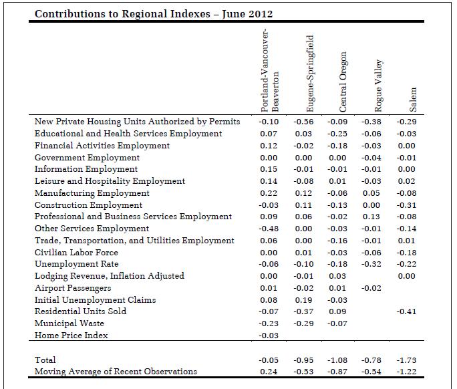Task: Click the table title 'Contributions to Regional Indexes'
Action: tap(122, 14)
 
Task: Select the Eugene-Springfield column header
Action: tap(310, 74)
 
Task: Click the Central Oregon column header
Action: tap(343, 82)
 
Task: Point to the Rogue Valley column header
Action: tap(378, 86)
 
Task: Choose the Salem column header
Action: tap(413, 100)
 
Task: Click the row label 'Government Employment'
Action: tap(87, 158)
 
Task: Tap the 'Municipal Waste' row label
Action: tap(69, 323)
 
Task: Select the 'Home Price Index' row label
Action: tap(71, 336)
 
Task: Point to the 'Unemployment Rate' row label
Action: tap(77, 264)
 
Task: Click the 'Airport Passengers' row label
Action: tap(73, 288)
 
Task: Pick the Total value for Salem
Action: tap(407, 360)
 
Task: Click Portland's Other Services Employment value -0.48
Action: tap(269, 229)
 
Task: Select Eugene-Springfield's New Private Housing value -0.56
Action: tap(303, 122)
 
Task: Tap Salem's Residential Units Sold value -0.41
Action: tap(407, 311)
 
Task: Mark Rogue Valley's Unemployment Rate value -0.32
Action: tap(371, 264)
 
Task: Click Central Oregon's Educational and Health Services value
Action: tap(337, 134)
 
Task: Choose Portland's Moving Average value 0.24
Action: tap(269, 372)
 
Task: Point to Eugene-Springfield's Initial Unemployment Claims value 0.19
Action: tap(303, 300)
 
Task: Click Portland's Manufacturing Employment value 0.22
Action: tap(269, 193)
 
